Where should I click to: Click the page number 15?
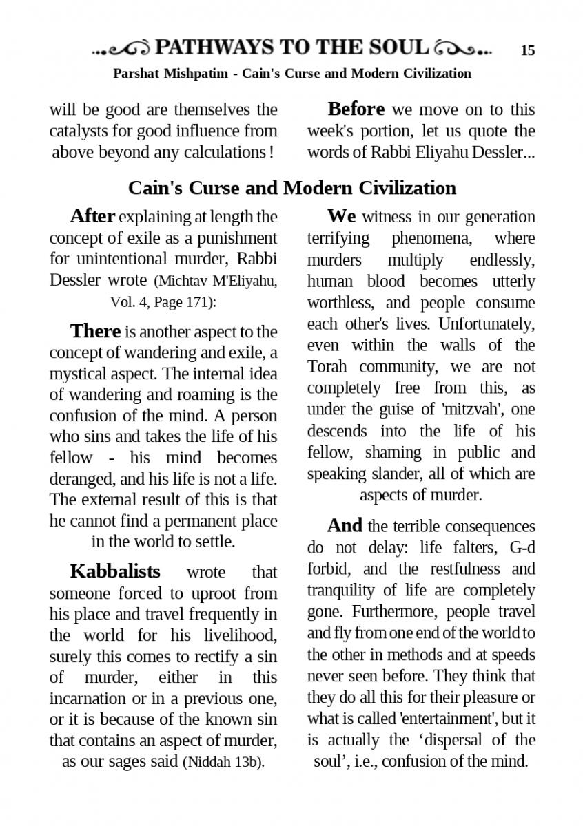pyautogui.click(x=528, y=50)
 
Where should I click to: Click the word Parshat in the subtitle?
pyautogui.click(x=136, y=74)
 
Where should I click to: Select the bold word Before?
pyautogui.click(x=356, y=109)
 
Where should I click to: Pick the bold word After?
pyautogui.click(x=92, y=216)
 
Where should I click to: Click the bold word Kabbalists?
pyautogui.click(x=115, y=571)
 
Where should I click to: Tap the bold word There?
pyautogui.click(x=95, y=331)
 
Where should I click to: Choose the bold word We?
pyautogui.click(x=342, y=216)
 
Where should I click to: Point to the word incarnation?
pyautogui.click(x=88, y=699)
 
